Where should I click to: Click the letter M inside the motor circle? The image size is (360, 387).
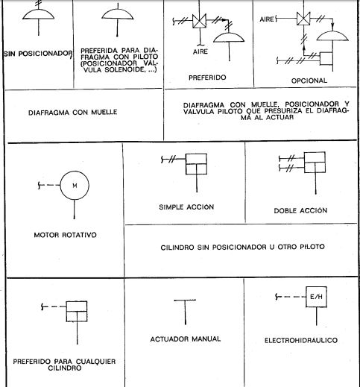click(x=75, y=186)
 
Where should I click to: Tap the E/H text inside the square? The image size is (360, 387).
click(x=316, y=297)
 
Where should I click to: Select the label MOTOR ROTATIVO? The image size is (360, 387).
click(x=65, y=235)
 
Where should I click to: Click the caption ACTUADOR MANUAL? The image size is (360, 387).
click(x=186, y=339)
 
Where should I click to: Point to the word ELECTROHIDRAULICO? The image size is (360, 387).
click(x=301, y=340)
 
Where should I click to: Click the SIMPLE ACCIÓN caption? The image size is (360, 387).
click(x=186, y=207)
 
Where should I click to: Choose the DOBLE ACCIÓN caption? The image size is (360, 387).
click(x=300, y=210)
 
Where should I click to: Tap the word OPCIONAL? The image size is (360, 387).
click(x=309, y=81)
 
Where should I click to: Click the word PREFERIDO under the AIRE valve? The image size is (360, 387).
click(x=207, y=78)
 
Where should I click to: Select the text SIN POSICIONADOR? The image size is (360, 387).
click(x=38, y=54)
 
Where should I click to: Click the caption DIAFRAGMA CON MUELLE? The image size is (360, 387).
click(x=73, y=113)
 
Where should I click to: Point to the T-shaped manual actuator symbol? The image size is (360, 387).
click(x=185, y=312)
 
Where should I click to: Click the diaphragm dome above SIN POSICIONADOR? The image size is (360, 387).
click(x=38, y=14)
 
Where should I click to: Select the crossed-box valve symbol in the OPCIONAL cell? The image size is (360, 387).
click(x=303, y=19)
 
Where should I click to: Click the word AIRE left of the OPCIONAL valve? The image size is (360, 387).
click(x=267, y=19)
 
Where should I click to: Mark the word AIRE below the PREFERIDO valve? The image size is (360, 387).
click(x=200, y=51)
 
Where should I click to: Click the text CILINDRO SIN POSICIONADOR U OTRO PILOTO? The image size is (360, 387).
click(x=242, y=247)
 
